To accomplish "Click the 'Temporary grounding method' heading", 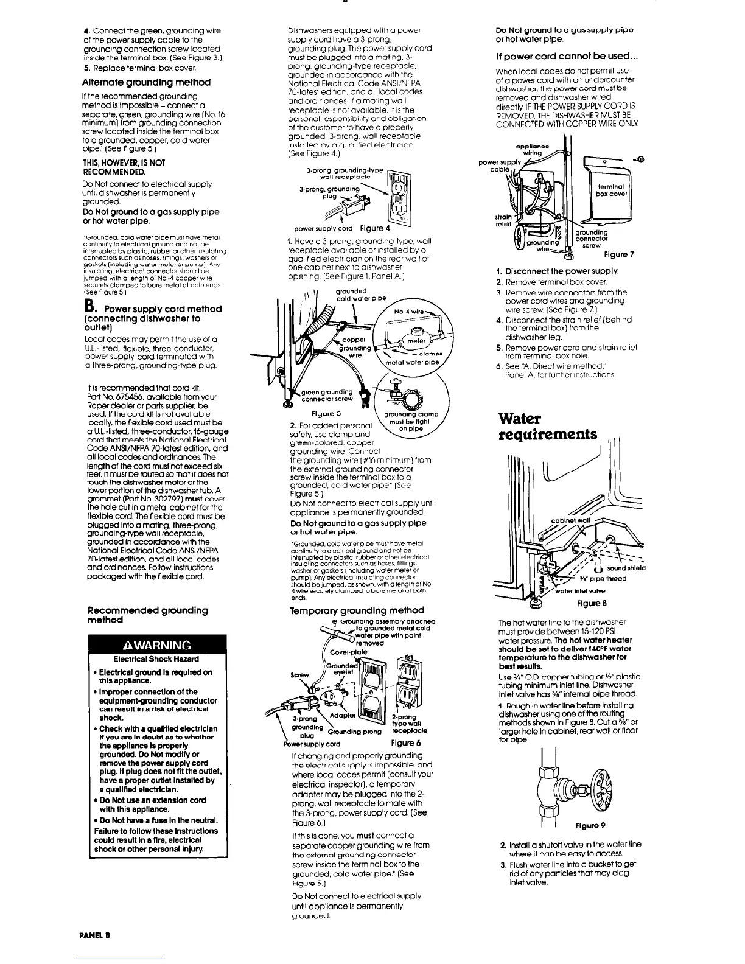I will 357,610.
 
